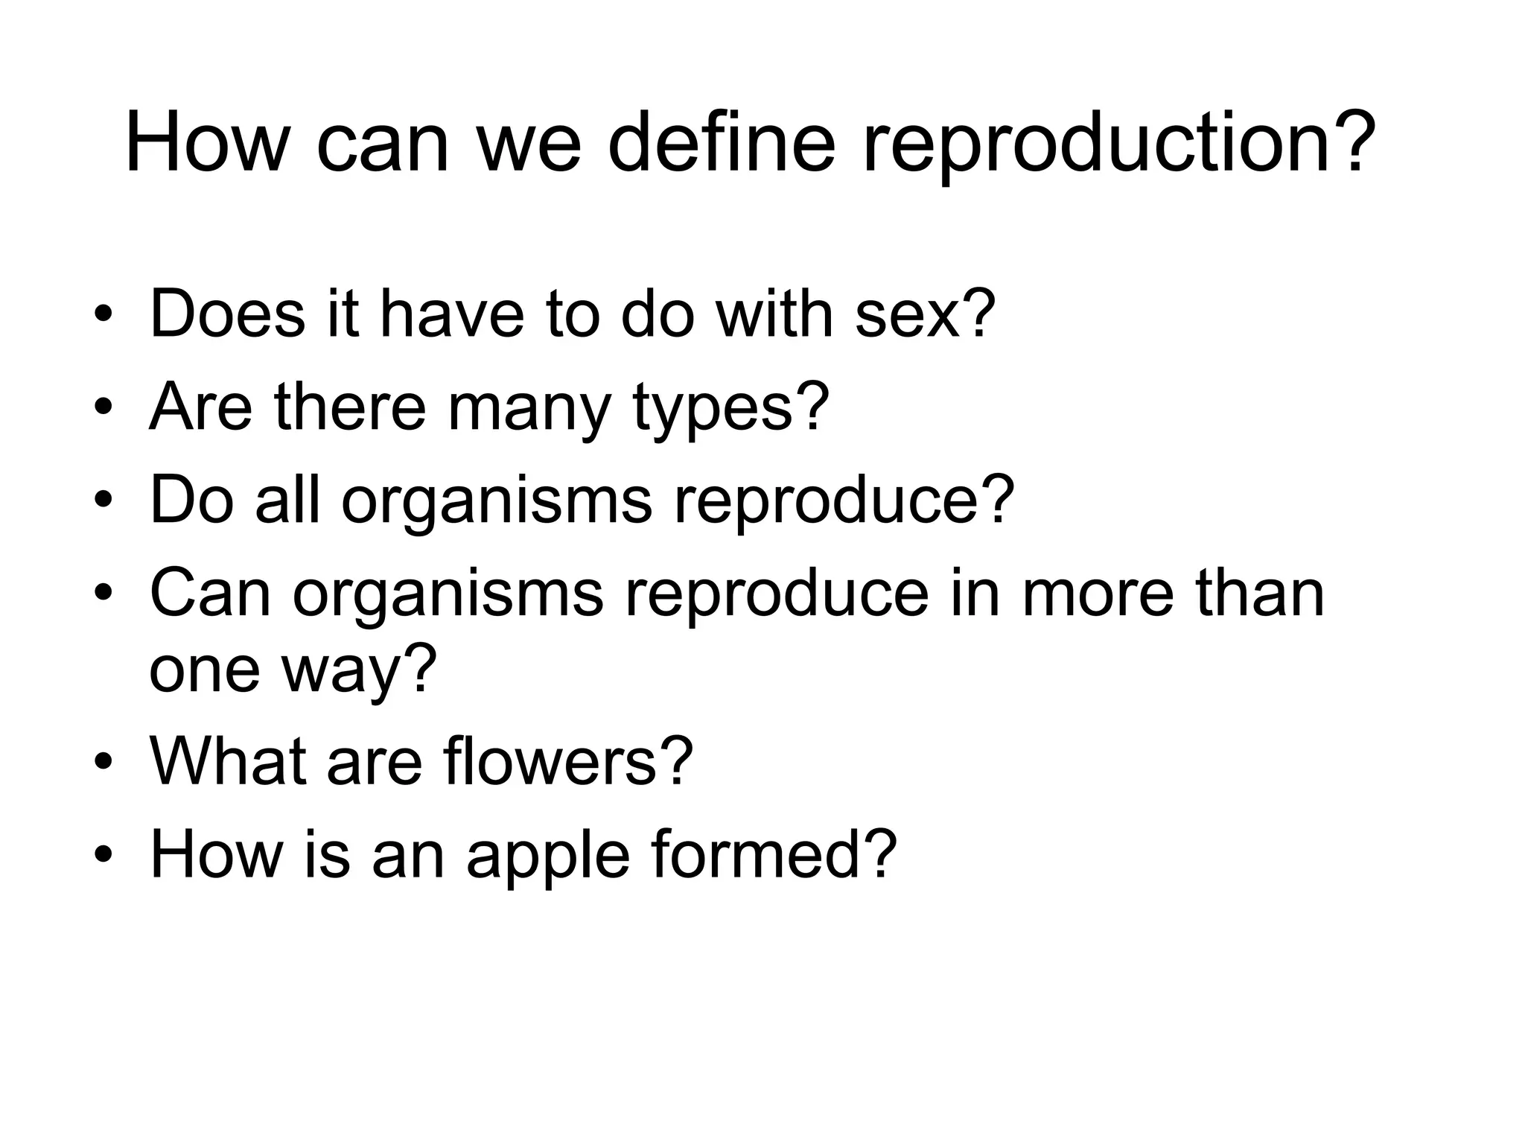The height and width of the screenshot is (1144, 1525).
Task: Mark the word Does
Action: tap(227, 314)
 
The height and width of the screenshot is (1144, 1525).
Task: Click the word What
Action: tap(227, 761)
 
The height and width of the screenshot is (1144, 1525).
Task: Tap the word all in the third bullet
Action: tap(287, 500)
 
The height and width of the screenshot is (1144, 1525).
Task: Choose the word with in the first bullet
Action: tap(774, 314)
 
